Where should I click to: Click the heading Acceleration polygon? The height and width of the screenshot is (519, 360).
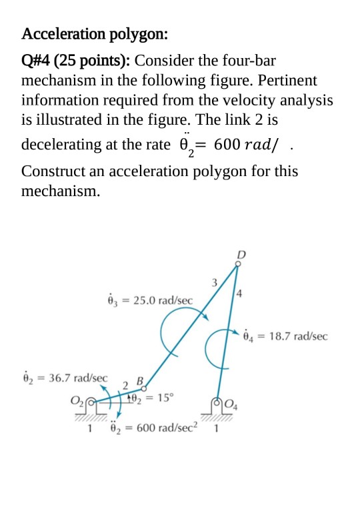point(95,33)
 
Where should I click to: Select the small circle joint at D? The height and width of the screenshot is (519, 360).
point(239,263)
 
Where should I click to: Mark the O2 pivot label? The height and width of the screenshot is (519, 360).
point(77,402)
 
